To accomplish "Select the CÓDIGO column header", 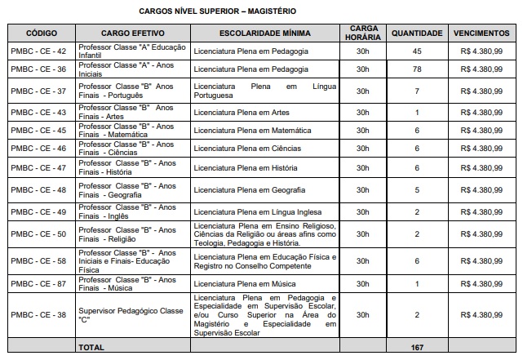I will (x=42, y=33).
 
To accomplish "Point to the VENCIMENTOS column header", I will (x=482, y=33).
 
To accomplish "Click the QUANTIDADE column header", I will (x=417, y=33).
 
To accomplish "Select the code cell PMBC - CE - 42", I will (x=42, y=51).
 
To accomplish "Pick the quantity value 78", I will (x=417, y=70).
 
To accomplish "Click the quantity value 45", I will (x=417, y=51).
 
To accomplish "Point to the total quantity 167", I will (x=417, y=348).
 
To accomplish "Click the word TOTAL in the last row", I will (x=90, y=348).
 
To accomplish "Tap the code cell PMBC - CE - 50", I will (x=42, y=234).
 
